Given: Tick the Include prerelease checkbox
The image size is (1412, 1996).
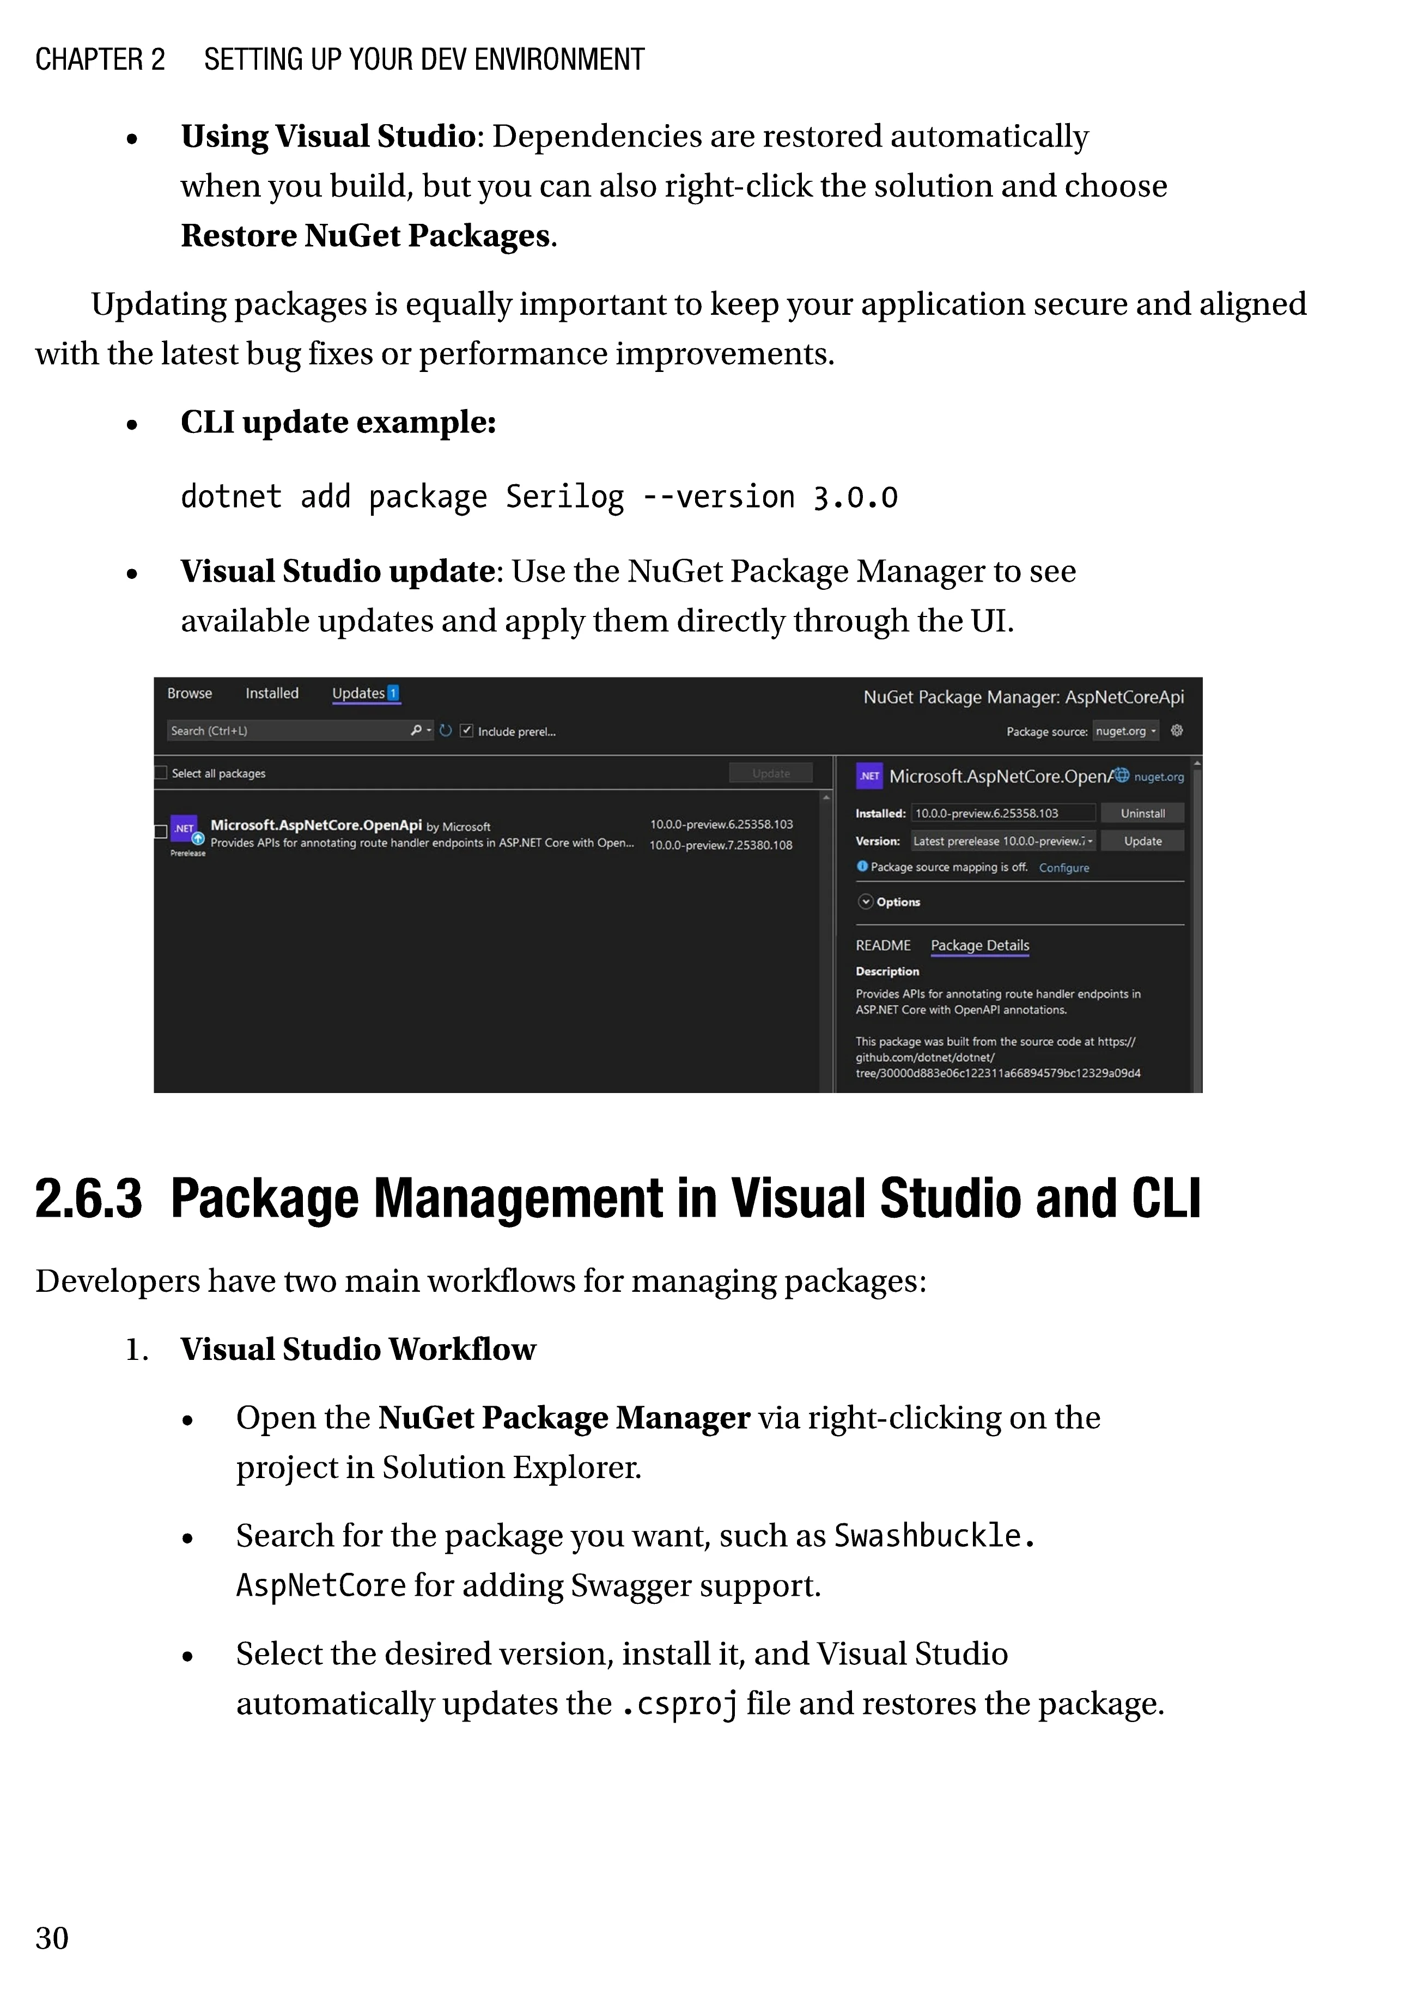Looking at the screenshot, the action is [467, 731].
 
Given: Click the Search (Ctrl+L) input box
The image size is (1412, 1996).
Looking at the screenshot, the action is [287, 731].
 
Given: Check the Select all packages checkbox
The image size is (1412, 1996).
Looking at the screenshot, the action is [161, 773].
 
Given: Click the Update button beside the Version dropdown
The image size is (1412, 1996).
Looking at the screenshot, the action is [1142, 841].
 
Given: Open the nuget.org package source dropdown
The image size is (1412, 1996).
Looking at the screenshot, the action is [1126, 731].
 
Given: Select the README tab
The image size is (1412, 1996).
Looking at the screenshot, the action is [884, 945].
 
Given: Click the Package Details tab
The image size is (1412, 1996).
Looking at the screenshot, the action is [980, 945].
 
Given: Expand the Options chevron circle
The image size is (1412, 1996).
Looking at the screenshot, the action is [865, 901].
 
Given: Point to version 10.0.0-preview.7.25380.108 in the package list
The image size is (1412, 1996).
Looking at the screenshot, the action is [721, 845].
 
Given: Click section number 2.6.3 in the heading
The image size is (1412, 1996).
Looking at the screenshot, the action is [89, 1199].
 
